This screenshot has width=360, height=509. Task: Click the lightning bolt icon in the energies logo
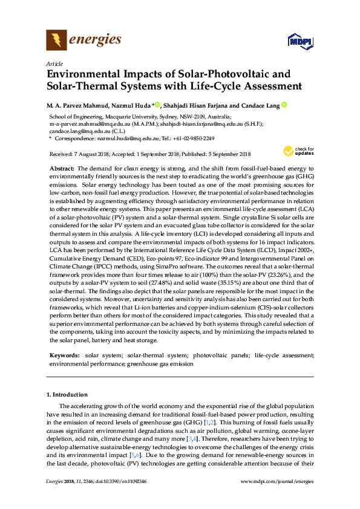click(56, 41)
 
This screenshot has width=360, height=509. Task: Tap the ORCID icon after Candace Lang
click(284, 105)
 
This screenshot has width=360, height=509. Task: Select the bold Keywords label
click(64, 357)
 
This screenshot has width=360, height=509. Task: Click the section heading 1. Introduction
click(68, 395)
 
